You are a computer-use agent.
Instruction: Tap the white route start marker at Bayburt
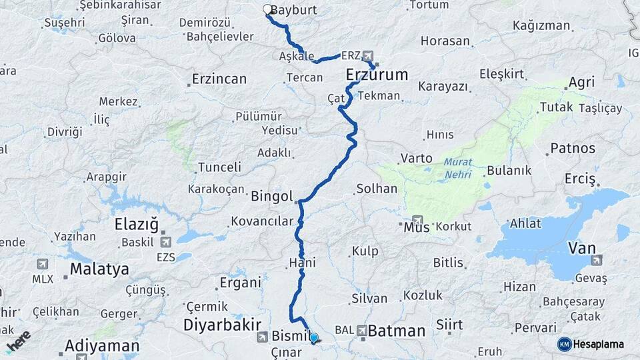pyautogui.click(x=267, y=9)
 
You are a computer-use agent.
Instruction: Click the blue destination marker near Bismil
pyautogui.click(x=313, y=338)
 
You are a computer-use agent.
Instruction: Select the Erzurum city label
pyautogui.click(x=377, y=75)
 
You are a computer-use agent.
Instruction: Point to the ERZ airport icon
pyautogui.click(x=367, y=57)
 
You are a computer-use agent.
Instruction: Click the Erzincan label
pyautogui.click(x=219, y=79)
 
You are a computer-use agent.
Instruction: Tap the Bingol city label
pyautogui.click(x=271, y=196)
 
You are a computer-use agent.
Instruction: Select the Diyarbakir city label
pyautogui.click(x=222, y=325)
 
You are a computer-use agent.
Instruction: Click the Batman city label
pyautogui.click(x=397, y=330)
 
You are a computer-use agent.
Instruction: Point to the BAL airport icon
pyautogui.click(x=361, y=329)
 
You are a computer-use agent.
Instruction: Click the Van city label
pyautogui.click(x=581, y=248)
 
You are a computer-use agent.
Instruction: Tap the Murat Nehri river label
pyautogui.click(x=457, y=168)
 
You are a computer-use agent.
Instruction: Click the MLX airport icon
pyautogui.click(x=43, y=264)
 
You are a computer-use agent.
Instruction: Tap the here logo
pyautogui.click(x=19, y=341)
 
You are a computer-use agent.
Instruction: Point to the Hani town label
pyautogui.click(x=302, y=263)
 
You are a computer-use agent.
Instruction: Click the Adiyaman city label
pyautogui.click(x=102, y=346)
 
